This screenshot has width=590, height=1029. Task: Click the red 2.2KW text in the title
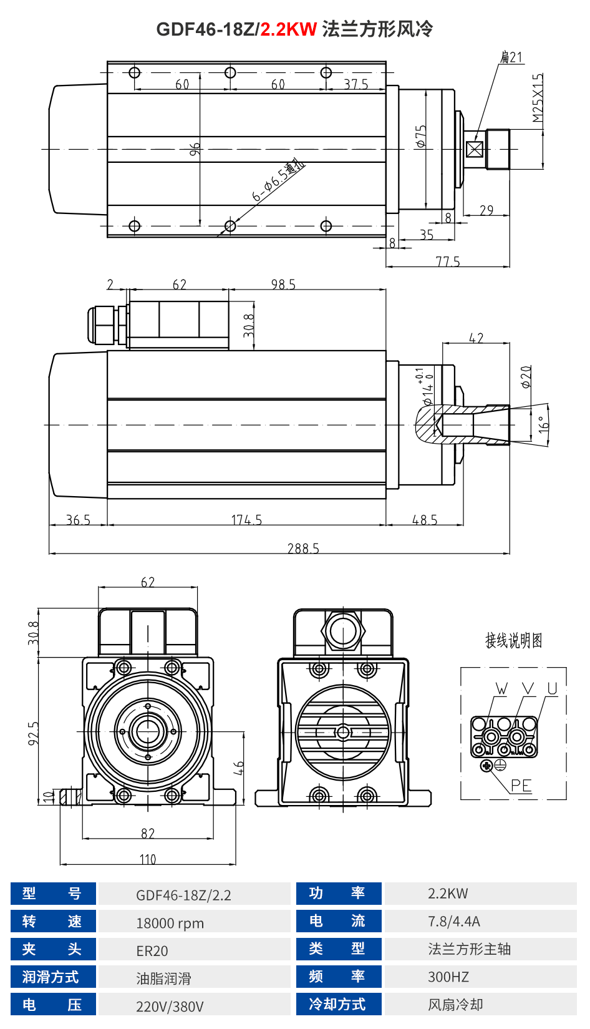pyautogui.click(x=288, y=29)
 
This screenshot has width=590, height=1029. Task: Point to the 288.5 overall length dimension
pyautogui.click(x=303, y=548)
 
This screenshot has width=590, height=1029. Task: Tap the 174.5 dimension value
pyautogui.click(x=246, y=520)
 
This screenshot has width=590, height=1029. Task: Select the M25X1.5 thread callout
pyautogui.click(x=538, y=98)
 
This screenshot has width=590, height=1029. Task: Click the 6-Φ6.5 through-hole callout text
pyautogui.click(x=278, y=182)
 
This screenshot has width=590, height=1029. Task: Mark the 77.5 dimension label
pyautogui.click(x=448, y=261)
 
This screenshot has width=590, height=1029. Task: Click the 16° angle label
pyautogui.click(x=544, y=424)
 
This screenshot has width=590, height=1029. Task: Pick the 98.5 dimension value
pyautogui.click(x=283, y=285)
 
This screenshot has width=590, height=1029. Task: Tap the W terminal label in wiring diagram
pyautogui.click(x=501, y=688)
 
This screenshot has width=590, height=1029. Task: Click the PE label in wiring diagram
pyautogui.click(x=521, y=786)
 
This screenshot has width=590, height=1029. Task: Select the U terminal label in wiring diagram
pyautogui.click(x=552, y=688)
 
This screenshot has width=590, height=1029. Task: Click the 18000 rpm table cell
pyautogui.click(x=170, y=923)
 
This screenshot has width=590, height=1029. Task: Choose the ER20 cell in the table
pyautogui.click(x=152, y=951)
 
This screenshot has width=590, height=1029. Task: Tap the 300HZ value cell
pyautogui.click(x=448, y=977)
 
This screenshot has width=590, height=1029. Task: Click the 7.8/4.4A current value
pyautogui.click(x=453, y=921)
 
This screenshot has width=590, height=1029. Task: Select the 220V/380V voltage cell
pyautogui.click(x=170, y=1006)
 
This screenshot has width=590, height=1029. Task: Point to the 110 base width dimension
pyautogui.click(x=148, y=859)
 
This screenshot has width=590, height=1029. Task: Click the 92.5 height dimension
pyautogui.click(x=34, y=733)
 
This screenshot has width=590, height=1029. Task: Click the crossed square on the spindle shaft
pyautogui.click(x=475, y=150)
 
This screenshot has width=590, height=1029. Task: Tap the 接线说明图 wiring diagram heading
pyautogui.click(x=514, y=641)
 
